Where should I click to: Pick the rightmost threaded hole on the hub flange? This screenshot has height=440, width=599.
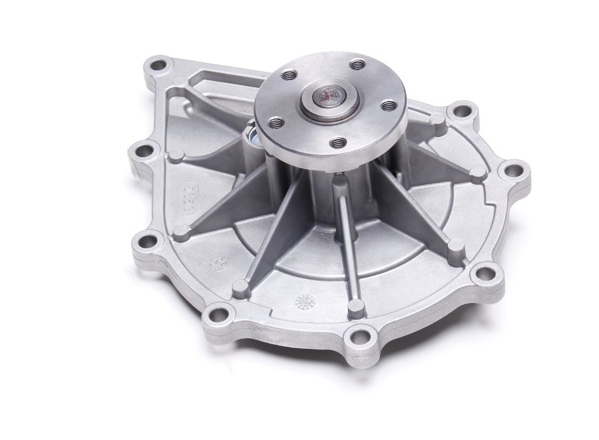click(x=389, y=105)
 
